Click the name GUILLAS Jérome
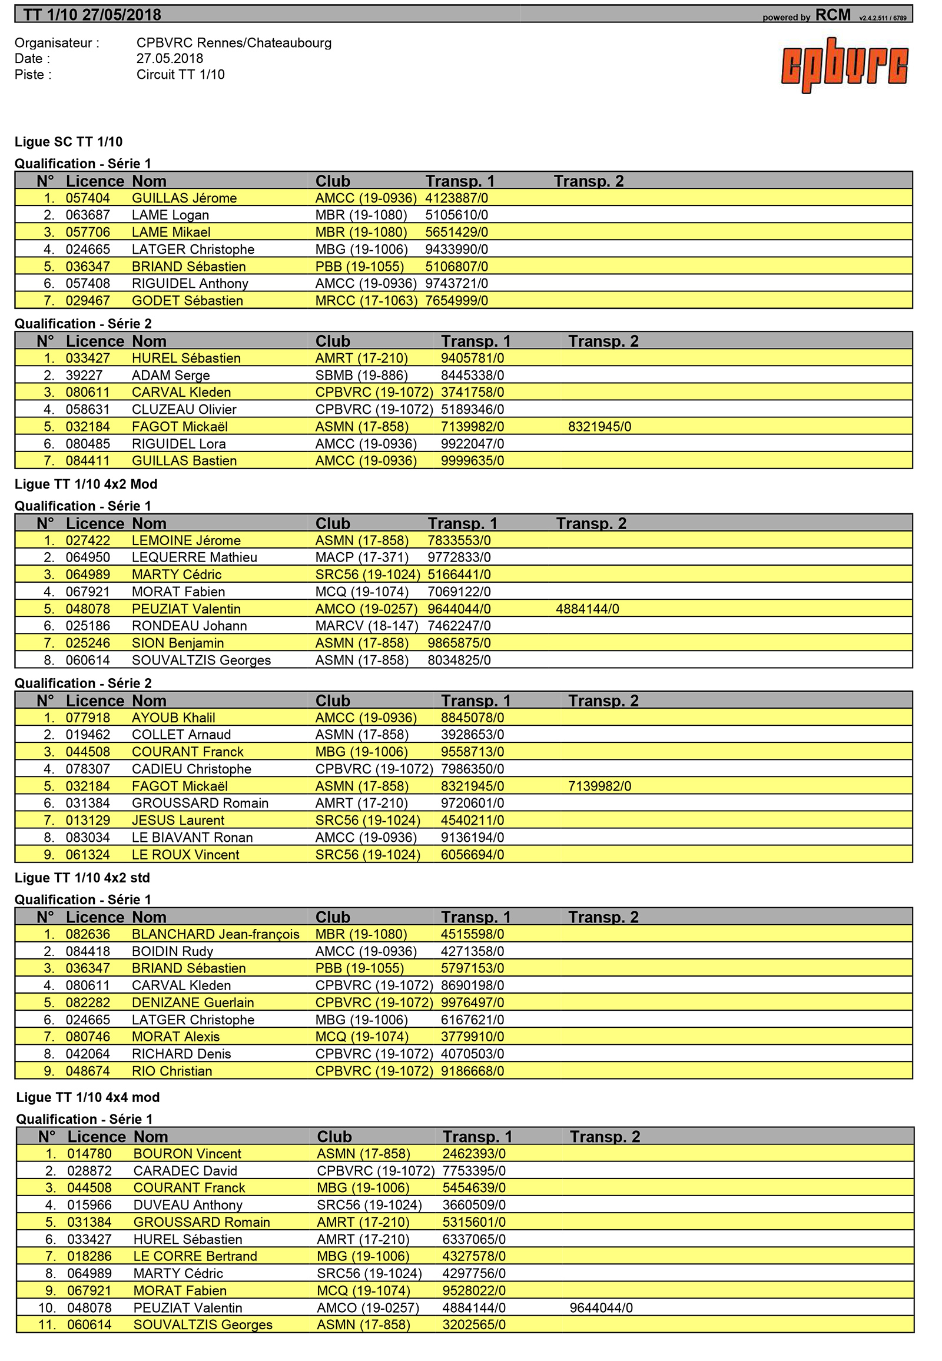(x=184, y=198)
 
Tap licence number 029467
(x=88, y=301)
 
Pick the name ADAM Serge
(x=171, y=376)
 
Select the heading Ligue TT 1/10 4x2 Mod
(x=86, y=484)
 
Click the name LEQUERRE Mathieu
(x=194, y=557)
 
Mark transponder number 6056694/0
(x=472, y=855)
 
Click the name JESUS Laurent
(x=178, y=821)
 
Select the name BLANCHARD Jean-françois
(x=215, y=935)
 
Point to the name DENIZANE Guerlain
(x=193, y=1003)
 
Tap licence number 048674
(x=88, y=1072)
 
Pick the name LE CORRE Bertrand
(x=195, y=1257)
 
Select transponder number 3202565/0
(x=474, y=1326)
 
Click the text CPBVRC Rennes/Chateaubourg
(x=234, y=43)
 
